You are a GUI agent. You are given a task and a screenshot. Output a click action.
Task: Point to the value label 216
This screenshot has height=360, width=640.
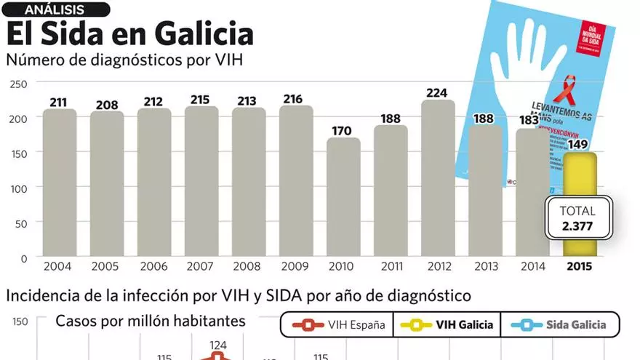[296, 99]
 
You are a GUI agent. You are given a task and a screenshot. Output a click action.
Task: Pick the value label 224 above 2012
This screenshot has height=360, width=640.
[438, 93]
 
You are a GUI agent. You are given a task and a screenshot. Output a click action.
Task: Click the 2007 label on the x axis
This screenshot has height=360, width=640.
[201, 266]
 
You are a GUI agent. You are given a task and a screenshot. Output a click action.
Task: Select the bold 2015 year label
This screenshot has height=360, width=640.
[580, 266]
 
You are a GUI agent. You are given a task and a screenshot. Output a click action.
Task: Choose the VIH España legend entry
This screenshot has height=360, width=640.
[336, 324]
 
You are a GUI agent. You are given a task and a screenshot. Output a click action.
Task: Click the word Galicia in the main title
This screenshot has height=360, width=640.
[201, 34]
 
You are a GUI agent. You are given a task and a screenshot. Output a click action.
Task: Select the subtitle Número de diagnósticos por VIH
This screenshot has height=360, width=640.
[124, 60]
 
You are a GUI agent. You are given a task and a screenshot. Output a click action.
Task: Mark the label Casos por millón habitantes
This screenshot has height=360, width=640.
[151, 321]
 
